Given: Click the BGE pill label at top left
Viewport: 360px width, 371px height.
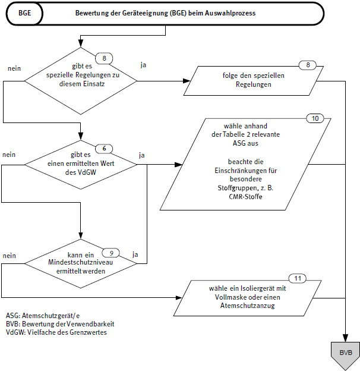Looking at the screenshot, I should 26,13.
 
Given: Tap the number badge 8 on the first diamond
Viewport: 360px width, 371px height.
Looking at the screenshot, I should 104,58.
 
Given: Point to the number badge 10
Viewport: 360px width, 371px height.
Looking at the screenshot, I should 314,118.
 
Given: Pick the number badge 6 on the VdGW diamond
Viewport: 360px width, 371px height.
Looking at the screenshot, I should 104,148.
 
